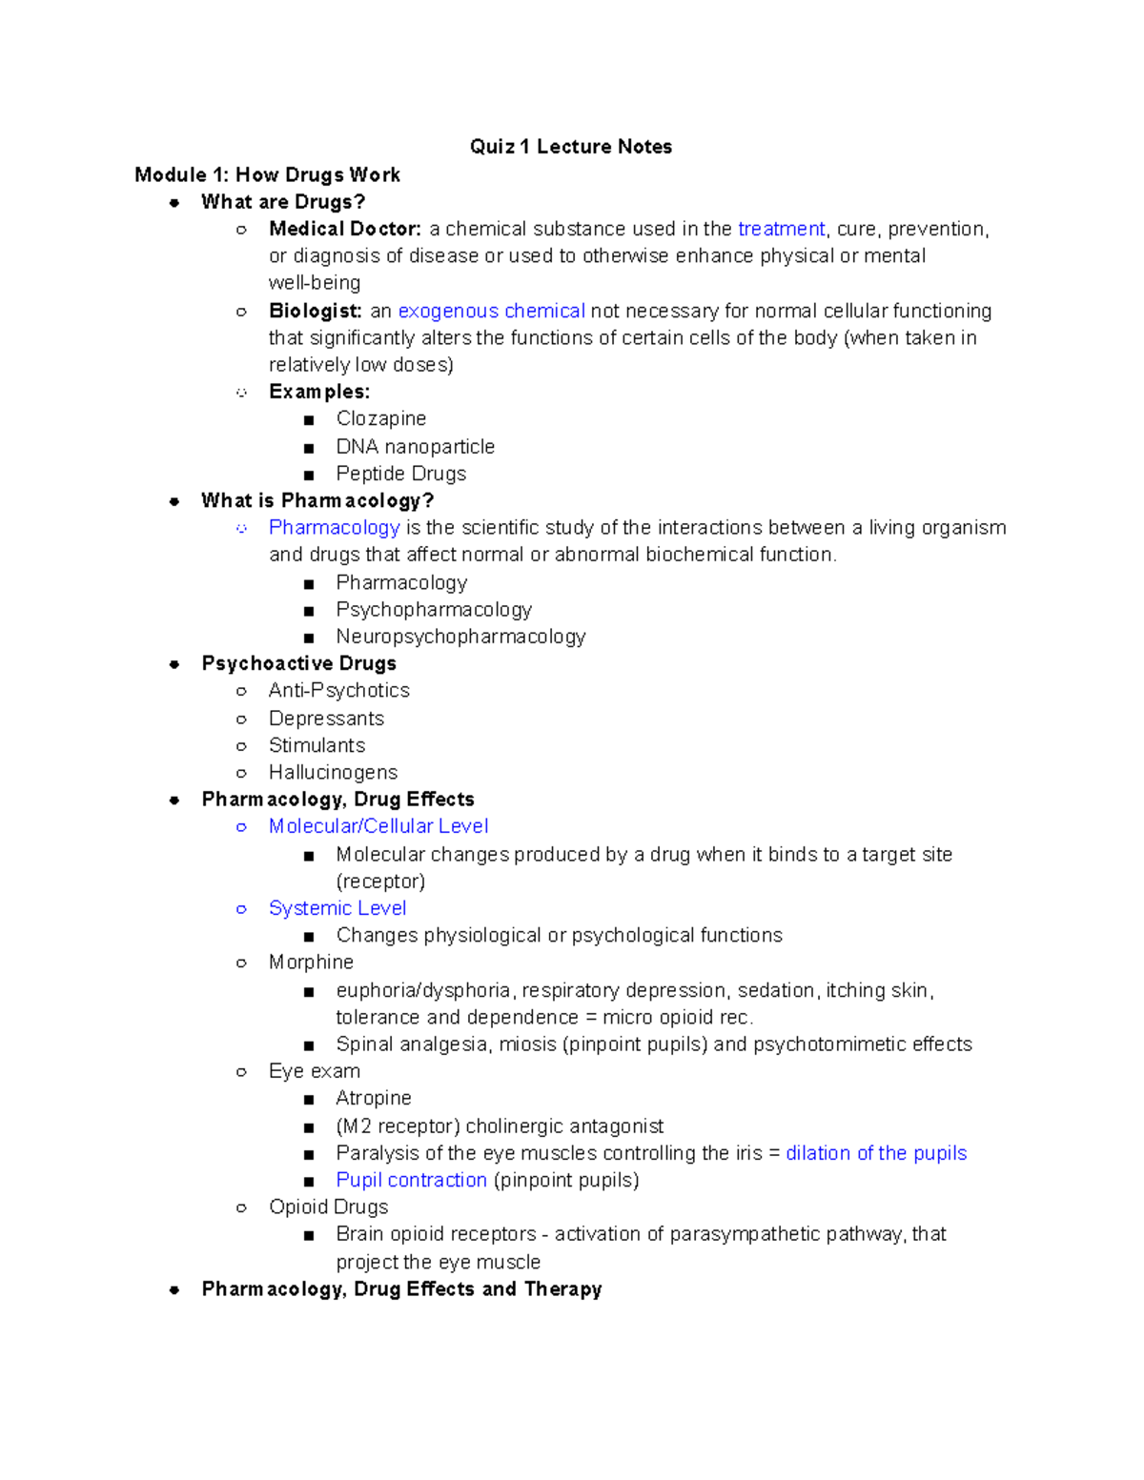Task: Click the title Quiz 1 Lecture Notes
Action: pyautogui.click(x=570, y=147)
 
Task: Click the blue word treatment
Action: pyautogui.click(x=781, y=229)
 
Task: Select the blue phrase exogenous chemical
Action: pyautogui.click(x=491, y=311)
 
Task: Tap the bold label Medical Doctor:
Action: pyautogui.click(x=344, y=229)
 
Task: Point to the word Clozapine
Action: pyautogui.click(x=380, y=418)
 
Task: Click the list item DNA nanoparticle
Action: pyautogui.click(x=415, y=446)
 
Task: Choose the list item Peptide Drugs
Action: pyautogui.click(x=400, y=474)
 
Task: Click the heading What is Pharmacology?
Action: pyautogui.click(x=317, y=500)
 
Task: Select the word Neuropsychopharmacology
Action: pyautogui.click(x=460, y=636)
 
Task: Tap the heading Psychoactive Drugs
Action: pyautogui.click(x=298, y=663)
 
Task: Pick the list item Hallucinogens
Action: pyautogui.click(x=333, y=772)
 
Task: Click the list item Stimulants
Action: pyautogui.click(x=317, y=745)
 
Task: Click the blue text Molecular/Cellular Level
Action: pyautogui.click(x=378, y=826)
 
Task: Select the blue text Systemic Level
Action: pyautogui.click(x=337, y=908)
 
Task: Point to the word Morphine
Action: pyautogui.click(x=311, y=962)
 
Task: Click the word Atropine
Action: pyautogui.click(x=373, y=1098)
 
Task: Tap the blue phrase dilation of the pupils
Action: pyautogui.click(x=875, y=1153)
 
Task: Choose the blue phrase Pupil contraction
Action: pyautogui.click(x=411, y=1180)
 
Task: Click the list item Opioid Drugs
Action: pyautogui.click(x=328, y=1206)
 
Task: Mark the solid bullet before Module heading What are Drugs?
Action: pyautogui.click(x=174, y=202)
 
